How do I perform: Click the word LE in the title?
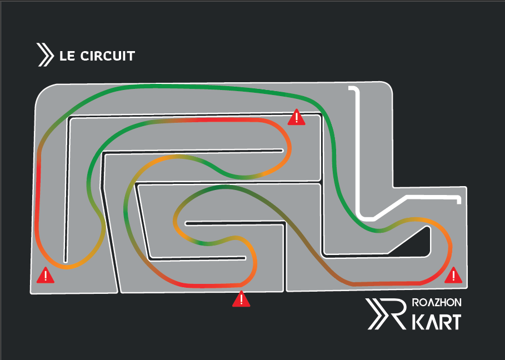point(67,56)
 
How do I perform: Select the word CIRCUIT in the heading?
point(108,56)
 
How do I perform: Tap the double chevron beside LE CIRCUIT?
point(45,55)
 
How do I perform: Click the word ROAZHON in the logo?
point(437,303)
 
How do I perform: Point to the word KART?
point(437,322)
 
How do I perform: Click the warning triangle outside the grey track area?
point(241,299)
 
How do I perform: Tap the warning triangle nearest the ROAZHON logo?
point(453,276)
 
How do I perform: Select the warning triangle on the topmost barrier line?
point(296,117)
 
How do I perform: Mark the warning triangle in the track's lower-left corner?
point(46,276)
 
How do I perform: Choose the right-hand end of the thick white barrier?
point(459,201)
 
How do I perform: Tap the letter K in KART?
point(419,322)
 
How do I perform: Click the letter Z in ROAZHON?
point(437,303)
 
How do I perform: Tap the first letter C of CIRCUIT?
point(84,56)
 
